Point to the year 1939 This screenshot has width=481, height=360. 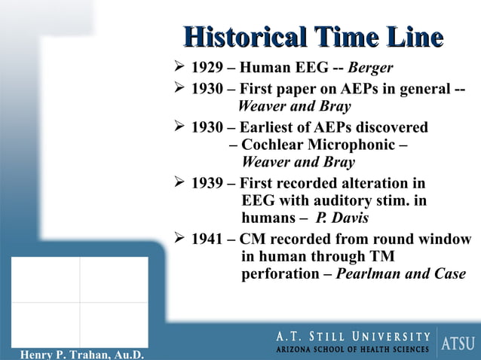[206, 183]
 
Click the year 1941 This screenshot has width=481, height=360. [206, 239]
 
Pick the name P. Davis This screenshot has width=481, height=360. [342, 218]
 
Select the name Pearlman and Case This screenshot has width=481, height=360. [400, 274]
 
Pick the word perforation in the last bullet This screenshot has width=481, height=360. [274, 274]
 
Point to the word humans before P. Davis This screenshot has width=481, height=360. [268, 218]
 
